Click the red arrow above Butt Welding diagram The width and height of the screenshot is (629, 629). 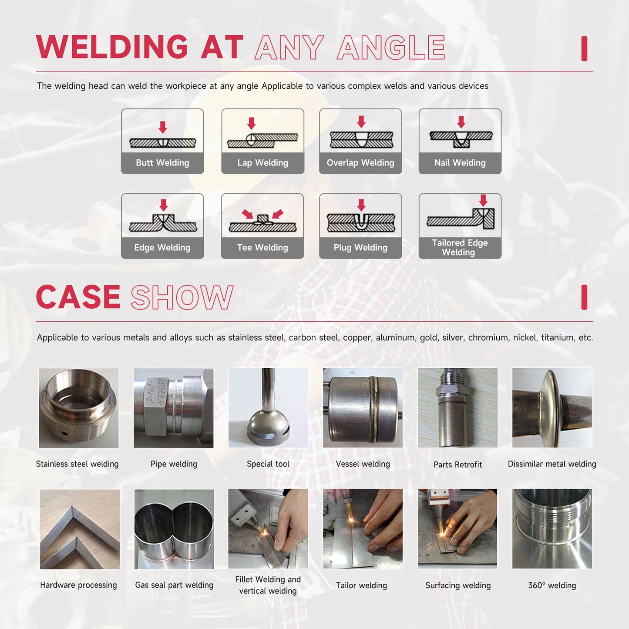[x=162, y=127]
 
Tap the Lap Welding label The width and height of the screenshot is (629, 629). [x=262, y=163]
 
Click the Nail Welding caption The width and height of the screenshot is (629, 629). [x=460, y=163]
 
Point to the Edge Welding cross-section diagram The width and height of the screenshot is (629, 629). [x=163, y=222]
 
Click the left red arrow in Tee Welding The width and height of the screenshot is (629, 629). [x=248, y=214]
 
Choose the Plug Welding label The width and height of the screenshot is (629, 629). [x=360, y=248]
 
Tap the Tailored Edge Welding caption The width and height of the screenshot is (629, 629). [x=460, y=248]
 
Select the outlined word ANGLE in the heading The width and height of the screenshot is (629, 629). [x=391, y=48]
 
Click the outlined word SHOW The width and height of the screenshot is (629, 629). [x=182, y=298]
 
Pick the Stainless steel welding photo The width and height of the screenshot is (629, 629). [x=78, y=408]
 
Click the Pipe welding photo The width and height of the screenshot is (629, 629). [x=173, y=408]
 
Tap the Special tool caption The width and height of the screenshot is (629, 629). [x=268, y=464]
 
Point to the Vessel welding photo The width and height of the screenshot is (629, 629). [x=363, y=408]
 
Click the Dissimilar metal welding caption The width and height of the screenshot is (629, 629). [x=552, y=464]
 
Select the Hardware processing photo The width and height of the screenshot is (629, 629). [x=80, y=529]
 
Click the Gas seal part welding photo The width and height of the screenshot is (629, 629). [x=174, y=529]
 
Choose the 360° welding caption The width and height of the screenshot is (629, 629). [x=552, y=585]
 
